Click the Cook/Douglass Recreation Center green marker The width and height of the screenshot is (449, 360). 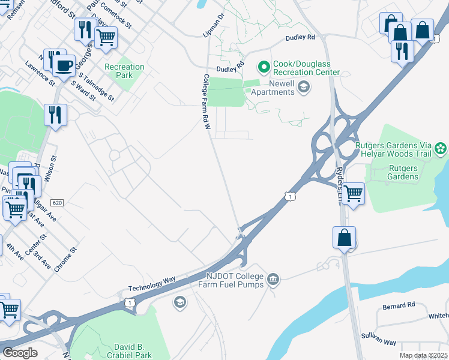[x=263, y=65]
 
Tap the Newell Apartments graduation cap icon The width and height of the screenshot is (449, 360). [x=304, y=88]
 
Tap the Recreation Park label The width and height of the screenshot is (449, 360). [x=124, y=71]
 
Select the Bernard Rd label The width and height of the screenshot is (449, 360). [x=399, y=306]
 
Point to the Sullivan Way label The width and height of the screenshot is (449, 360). [x=379, y=339]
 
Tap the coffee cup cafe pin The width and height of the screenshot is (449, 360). [x=64, y=65]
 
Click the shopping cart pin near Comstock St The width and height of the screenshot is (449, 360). [x=106, y=37]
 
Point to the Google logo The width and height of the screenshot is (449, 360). [x=20, y=353]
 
